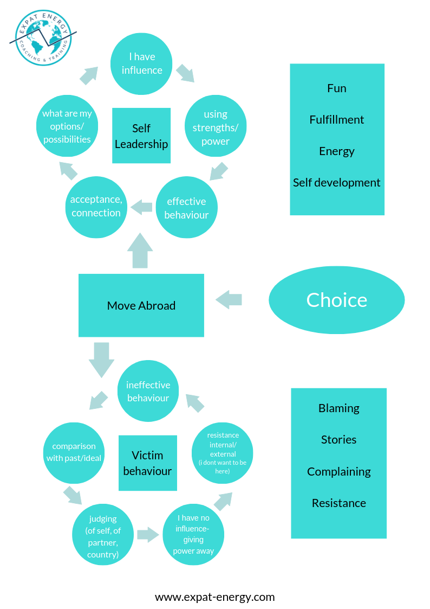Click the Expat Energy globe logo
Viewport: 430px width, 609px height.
click(43, 37)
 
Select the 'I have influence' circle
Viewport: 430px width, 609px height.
click(141, 63)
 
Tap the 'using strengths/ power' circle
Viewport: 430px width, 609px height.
click(216, 127)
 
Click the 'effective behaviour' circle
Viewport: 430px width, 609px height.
click(186, 207)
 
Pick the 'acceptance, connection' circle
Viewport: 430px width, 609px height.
click(96, 207)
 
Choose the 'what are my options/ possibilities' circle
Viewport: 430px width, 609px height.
click(67, 126)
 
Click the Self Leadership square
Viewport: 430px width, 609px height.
click(141, 136)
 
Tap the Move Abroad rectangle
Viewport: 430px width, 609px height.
click(141, 305)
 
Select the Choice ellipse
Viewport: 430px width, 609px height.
click(336, 300)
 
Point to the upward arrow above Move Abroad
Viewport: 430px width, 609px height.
click(140, 251)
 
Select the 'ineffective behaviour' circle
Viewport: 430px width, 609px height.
click(148, 391)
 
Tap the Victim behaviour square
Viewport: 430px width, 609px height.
click(147, 463)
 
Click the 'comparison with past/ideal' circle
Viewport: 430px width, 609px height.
click(74, 452)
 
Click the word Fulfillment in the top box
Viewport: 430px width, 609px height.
click(336, 119)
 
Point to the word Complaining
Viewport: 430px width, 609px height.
click(338, 471)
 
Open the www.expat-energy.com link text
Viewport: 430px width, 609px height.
click(214, 597)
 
